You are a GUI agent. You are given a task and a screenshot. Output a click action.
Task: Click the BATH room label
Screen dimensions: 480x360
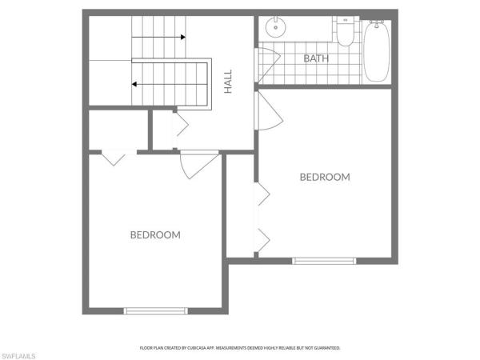(x=316, y=58)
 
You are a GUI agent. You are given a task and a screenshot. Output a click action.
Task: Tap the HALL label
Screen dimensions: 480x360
(x=228, y=82)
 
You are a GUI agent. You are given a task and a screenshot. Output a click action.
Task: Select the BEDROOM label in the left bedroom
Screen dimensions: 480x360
(x=155, y=234)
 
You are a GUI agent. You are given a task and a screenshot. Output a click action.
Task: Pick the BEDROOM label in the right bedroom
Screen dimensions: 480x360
(x=325, y=177)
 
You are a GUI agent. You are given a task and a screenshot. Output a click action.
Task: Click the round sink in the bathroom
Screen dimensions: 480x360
(x=275, y=27)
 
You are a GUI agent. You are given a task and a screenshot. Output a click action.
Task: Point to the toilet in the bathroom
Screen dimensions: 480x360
(x=346, y=31)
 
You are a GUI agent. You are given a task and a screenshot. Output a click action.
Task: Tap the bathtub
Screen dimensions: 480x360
(x=376, y=51)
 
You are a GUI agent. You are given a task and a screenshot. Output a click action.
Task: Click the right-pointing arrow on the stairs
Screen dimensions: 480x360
(x=158, y=38)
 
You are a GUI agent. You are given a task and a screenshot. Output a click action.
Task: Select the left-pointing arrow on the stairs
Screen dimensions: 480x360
(x=170, y=84)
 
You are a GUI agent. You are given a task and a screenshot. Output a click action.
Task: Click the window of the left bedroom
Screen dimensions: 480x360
(x=156, y=311)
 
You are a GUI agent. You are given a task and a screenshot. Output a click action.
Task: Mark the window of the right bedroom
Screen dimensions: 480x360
(x=324, y=261)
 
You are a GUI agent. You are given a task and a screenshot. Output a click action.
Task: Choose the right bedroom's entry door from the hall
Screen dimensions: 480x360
(x=270, y=112)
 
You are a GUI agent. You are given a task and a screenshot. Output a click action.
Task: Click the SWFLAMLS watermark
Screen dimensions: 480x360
(x=18, y=356)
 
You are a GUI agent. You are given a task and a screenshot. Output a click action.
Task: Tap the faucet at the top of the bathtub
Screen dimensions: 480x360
(x=376, y=23)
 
